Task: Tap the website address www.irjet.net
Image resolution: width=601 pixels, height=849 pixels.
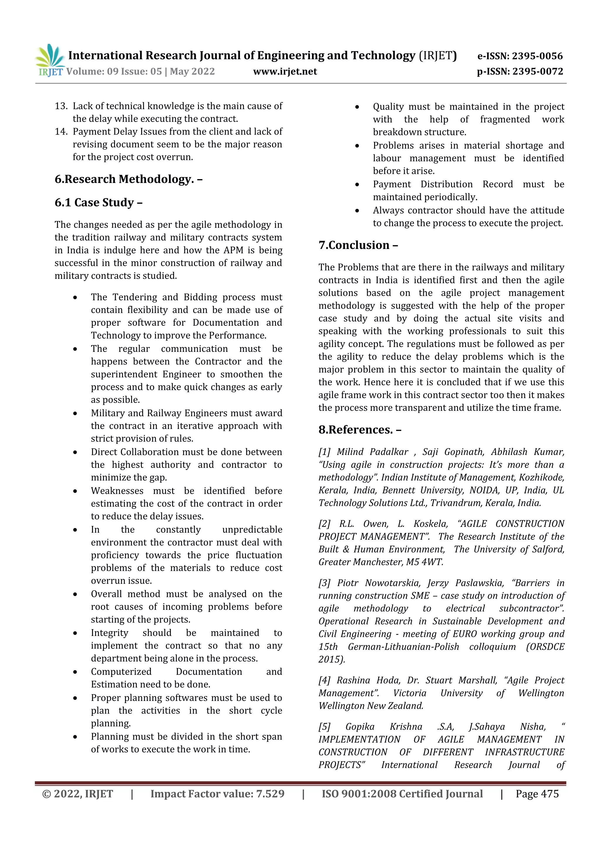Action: [x=285, y=71]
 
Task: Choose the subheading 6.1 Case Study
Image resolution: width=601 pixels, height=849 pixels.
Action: [x=98, y=203]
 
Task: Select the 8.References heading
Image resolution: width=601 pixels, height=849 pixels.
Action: [x=360, y=430]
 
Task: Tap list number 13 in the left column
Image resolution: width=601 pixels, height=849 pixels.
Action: [x=61, y=106]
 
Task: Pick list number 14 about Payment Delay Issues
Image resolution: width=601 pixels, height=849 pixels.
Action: [x=61, y=132]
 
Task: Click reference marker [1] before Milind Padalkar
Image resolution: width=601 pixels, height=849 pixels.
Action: [x=325, y=452]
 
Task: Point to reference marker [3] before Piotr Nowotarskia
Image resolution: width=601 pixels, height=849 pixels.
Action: [x=325, y=583]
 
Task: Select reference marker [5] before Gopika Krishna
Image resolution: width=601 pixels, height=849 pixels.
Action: [x=325, y=727]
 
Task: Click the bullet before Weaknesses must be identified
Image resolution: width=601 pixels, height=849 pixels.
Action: [x=75, y=491]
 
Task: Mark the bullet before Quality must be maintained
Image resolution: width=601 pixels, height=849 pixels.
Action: [x=357, y=107]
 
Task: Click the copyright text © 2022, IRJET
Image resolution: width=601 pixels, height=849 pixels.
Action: [x=78, y=794]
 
